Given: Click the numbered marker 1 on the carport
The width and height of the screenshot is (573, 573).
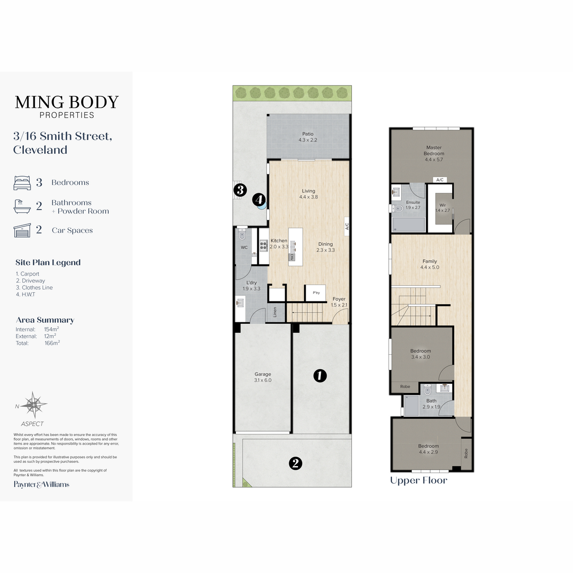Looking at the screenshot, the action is [x=320, y=376].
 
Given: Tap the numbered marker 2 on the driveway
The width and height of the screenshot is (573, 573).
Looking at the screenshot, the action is [x=295, y=463].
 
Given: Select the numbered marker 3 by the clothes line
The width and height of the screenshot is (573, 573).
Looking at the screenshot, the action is [x=240, y=190].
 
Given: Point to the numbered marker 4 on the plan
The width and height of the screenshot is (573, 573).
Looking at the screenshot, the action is [x=259, y=200].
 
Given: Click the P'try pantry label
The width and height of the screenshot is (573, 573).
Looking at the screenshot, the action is [x=316, y=293].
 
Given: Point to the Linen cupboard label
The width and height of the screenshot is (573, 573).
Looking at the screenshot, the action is [x=275, y=312].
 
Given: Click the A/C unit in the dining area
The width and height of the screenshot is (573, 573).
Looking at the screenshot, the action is [x=347, y=226].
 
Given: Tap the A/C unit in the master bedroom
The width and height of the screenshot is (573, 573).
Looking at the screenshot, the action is [x=440, y=180].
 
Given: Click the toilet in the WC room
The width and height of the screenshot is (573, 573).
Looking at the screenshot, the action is [x=242, y=234].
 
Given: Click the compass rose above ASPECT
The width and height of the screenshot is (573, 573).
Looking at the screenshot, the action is [x=34, y=405].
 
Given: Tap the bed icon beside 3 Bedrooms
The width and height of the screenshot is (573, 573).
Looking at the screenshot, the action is [x=22, y=182].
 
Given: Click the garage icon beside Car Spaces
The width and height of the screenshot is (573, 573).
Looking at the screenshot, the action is [x=22, y=230].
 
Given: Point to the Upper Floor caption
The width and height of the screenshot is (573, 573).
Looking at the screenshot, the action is [x=418, y=480].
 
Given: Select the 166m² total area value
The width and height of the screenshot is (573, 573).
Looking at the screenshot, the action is [x=52, y=343].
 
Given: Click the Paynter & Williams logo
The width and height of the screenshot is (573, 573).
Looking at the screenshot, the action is [x=42, y=484].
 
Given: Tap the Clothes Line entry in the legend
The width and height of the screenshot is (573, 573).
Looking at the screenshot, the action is [x=34, y=287].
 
